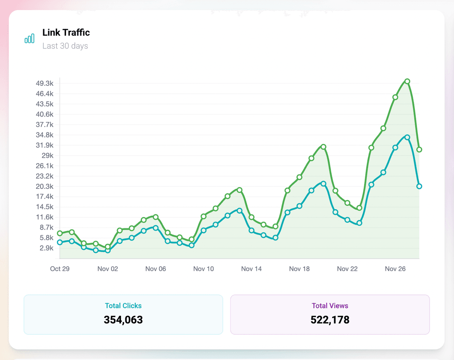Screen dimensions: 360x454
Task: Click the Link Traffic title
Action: [x=66, y=32]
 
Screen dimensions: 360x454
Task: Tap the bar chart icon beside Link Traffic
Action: [x=29, y=39]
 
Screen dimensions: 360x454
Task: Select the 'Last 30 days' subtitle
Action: [x=65, y=46]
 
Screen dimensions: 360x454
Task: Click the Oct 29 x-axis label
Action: [x=60, y=269]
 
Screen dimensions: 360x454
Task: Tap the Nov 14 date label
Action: [x=251, y=269]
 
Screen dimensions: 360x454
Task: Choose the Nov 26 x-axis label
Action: [x=395, y=269]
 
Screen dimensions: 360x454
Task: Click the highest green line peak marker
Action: [x=407, y=81]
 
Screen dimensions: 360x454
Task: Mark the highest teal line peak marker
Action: [x=407, y=137]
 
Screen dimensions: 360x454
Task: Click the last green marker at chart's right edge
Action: [x=419, y=150]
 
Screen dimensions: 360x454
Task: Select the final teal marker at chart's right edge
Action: [x=419, y=186]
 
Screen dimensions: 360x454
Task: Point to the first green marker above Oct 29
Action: [x=60, y=233]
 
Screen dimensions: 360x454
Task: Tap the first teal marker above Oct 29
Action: [x=60, y=242]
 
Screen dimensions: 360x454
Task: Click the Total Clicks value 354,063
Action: [x=123, y=320]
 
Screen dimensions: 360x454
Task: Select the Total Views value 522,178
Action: [x=330, y=320]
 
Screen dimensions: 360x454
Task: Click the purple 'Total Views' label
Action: [x=330, y=306]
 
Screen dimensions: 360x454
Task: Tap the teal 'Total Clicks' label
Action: [x=123, y=306]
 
